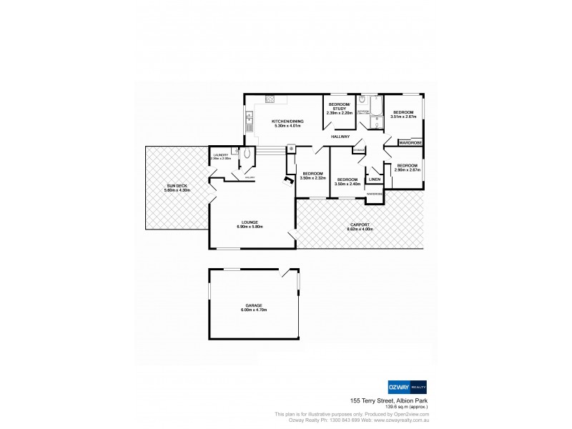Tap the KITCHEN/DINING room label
[x=287, y=122]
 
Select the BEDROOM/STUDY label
[x=340, y=107]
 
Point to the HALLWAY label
[x=340, y=136]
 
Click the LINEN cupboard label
[x=375, y=179]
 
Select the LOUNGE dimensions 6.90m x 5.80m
[x=250, y=227]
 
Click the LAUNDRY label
[x=220, y=154]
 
